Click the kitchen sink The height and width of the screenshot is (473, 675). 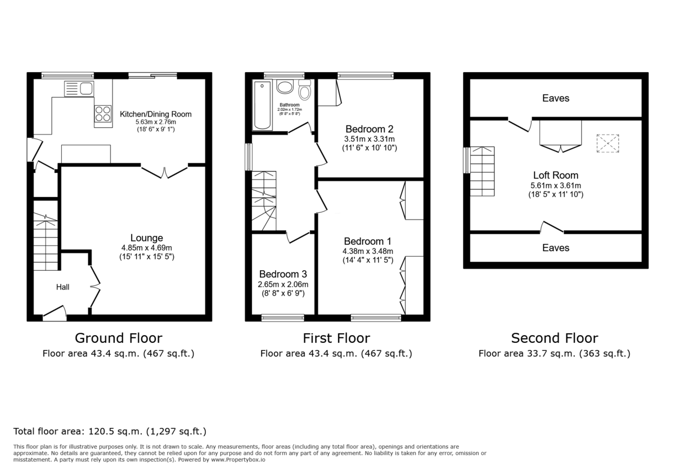click(79, 88)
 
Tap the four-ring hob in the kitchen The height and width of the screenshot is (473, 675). click(103, 114)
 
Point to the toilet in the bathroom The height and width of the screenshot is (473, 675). click(304, 90)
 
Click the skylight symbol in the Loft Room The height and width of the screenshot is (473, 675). click(607, 144)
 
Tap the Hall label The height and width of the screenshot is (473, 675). click(62, 287)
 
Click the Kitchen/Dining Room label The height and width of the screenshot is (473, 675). click(156, 114)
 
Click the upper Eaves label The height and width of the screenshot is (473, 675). click(556, 99)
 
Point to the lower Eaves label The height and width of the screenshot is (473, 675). click(556, 248)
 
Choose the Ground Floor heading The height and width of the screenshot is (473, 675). click(119, 338)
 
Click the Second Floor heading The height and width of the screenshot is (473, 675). click(555, 338)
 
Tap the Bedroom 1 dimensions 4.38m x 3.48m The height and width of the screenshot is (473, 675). click(368, 251)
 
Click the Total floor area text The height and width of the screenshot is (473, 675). click(110, 432)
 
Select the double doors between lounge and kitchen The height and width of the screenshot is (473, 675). click(164, 171)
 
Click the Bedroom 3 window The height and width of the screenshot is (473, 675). click(282, 318)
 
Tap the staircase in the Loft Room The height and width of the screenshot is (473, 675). click(481, 171)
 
